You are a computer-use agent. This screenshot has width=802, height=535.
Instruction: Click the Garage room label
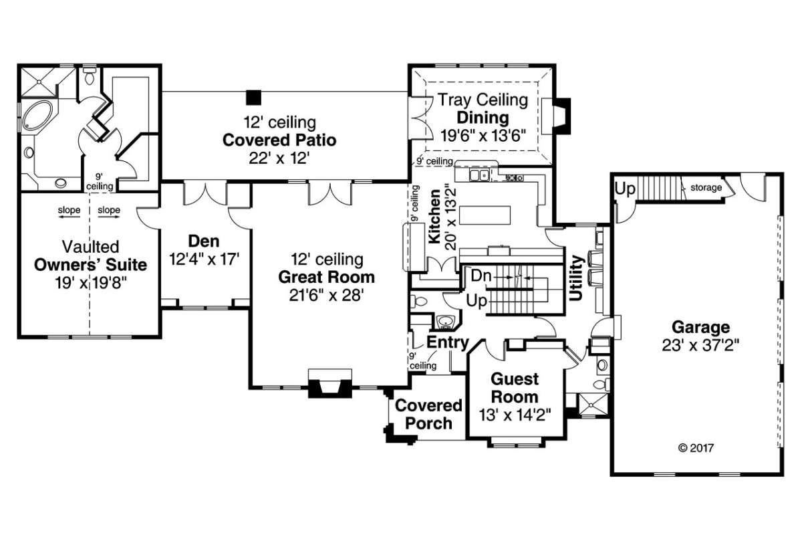click(700, 328)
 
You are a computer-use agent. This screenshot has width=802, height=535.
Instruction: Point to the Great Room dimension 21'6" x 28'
click(327, 294)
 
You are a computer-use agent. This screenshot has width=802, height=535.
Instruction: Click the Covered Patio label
click(279, 140)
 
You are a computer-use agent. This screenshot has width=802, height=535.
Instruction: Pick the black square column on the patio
click(253, 97)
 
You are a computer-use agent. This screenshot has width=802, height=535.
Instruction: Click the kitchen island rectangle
click(485, 216)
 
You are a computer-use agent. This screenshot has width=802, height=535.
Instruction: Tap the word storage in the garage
click(706, 188)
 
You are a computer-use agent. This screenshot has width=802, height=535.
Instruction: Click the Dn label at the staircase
click(481, 276)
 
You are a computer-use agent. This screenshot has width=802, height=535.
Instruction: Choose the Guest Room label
click(515, 388)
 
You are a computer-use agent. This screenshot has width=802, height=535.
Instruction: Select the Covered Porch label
click(428, 415)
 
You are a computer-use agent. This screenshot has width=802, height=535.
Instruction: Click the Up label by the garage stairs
click(625, 189)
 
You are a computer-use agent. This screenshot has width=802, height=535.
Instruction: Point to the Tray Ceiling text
click(483, 100)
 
